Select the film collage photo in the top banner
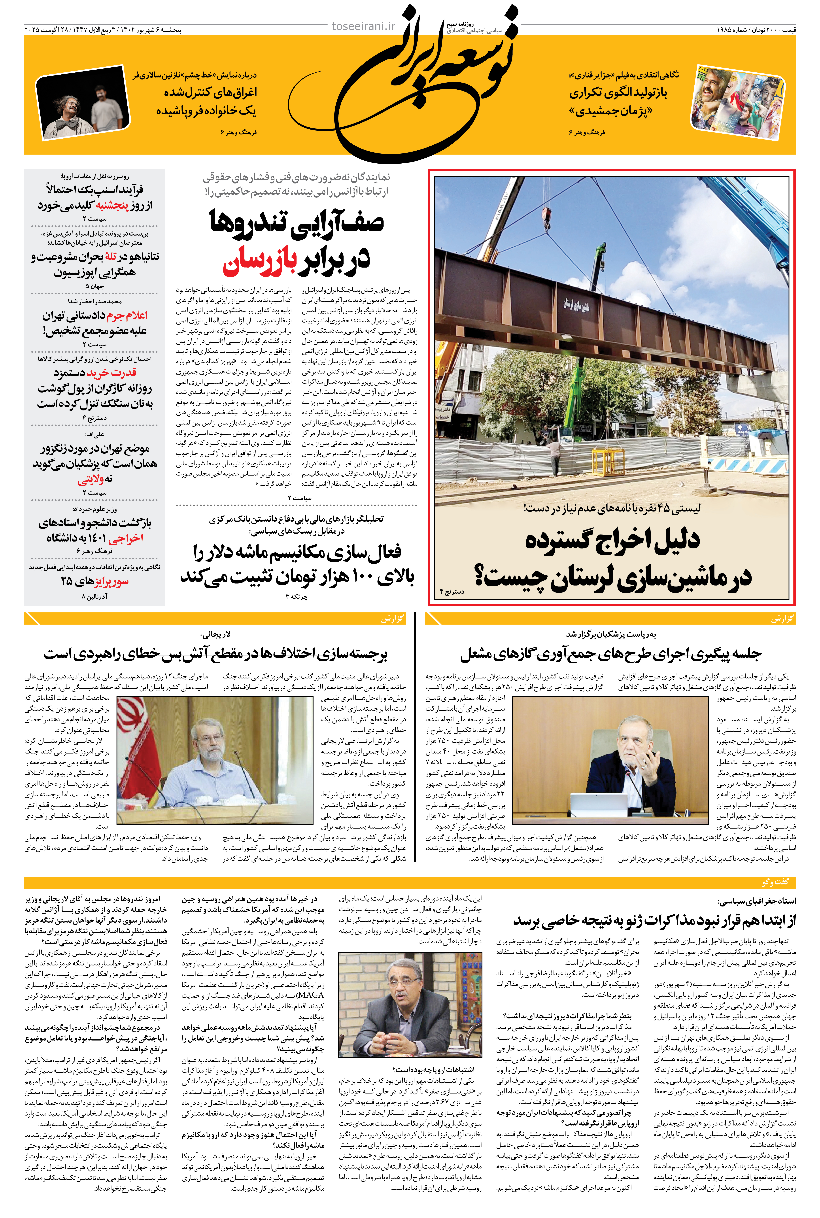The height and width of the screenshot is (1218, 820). coord(737,102)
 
